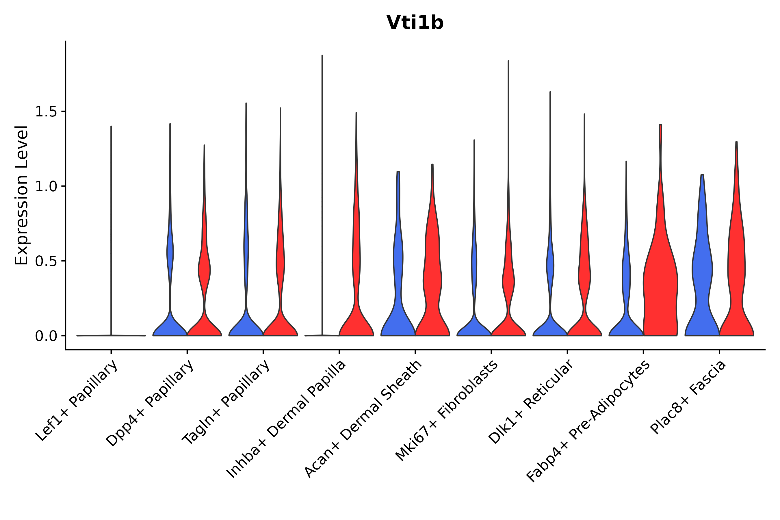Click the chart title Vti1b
[x=415, y=23]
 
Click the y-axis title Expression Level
[x=22, y=195]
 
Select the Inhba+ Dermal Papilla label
[x=286, y=419]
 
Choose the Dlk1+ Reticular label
[x=531, y=402]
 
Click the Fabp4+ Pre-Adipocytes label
[x=588, y=421]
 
